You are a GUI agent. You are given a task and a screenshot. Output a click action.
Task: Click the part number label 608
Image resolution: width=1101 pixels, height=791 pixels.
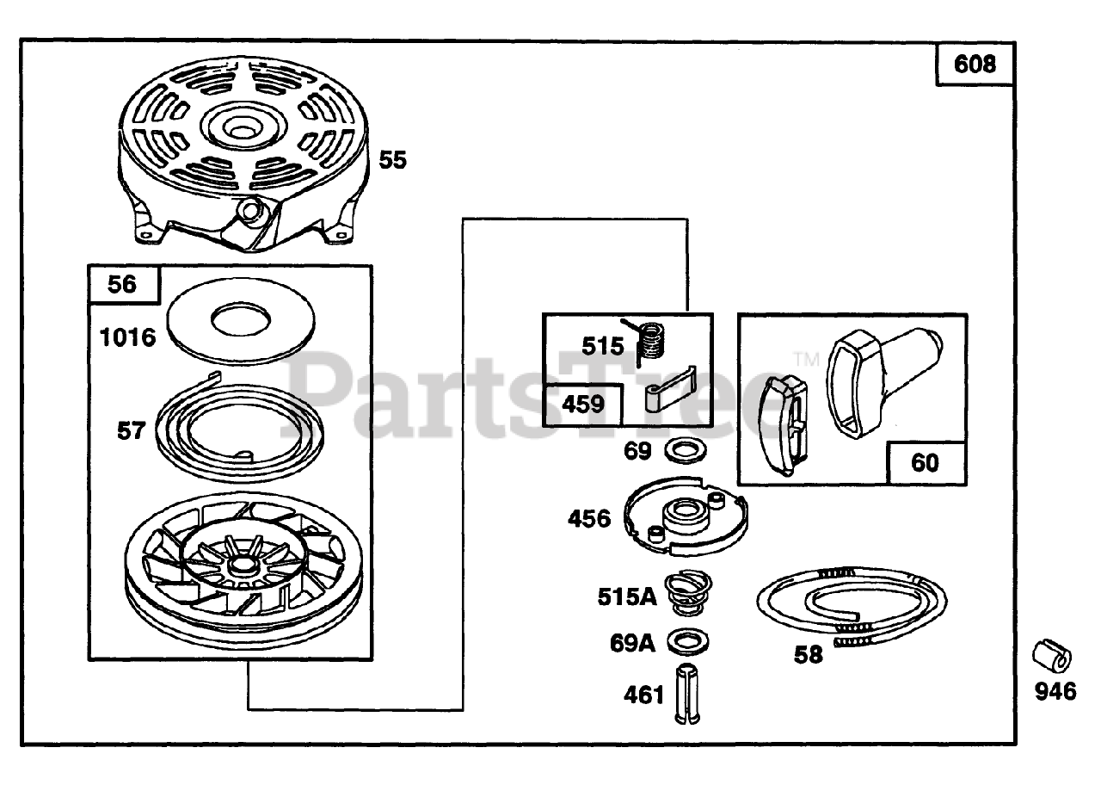tap(974, 65)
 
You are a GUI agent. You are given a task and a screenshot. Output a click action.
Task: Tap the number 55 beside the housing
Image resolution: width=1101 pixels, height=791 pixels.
tap(392, 160)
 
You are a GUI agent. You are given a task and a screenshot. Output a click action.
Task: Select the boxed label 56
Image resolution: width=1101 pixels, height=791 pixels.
tap(123, 284)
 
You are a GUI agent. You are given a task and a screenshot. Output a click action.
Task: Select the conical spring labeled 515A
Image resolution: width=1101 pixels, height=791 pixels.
tap(689, 594)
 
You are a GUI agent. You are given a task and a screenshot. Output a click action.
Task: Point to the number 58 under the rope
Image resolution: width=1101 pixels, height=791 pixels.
tap(808, 655)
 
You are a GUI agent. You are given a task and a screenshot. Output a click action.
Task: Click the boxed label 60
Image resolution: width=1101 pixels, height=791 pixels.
tap(925, 463)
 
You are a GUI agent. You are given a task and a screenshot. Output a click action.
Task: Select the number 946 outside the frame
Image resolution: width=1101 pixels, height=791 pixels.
tap(1055, 692)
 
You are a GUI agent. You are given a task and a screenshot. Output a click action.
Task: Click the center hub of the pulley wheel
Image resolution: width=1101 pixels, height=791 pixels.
tap(239, 566)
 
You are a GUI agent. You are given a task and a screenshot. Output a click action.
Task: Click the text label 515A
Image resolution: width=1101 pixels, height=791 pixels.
tap(628, 596)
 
